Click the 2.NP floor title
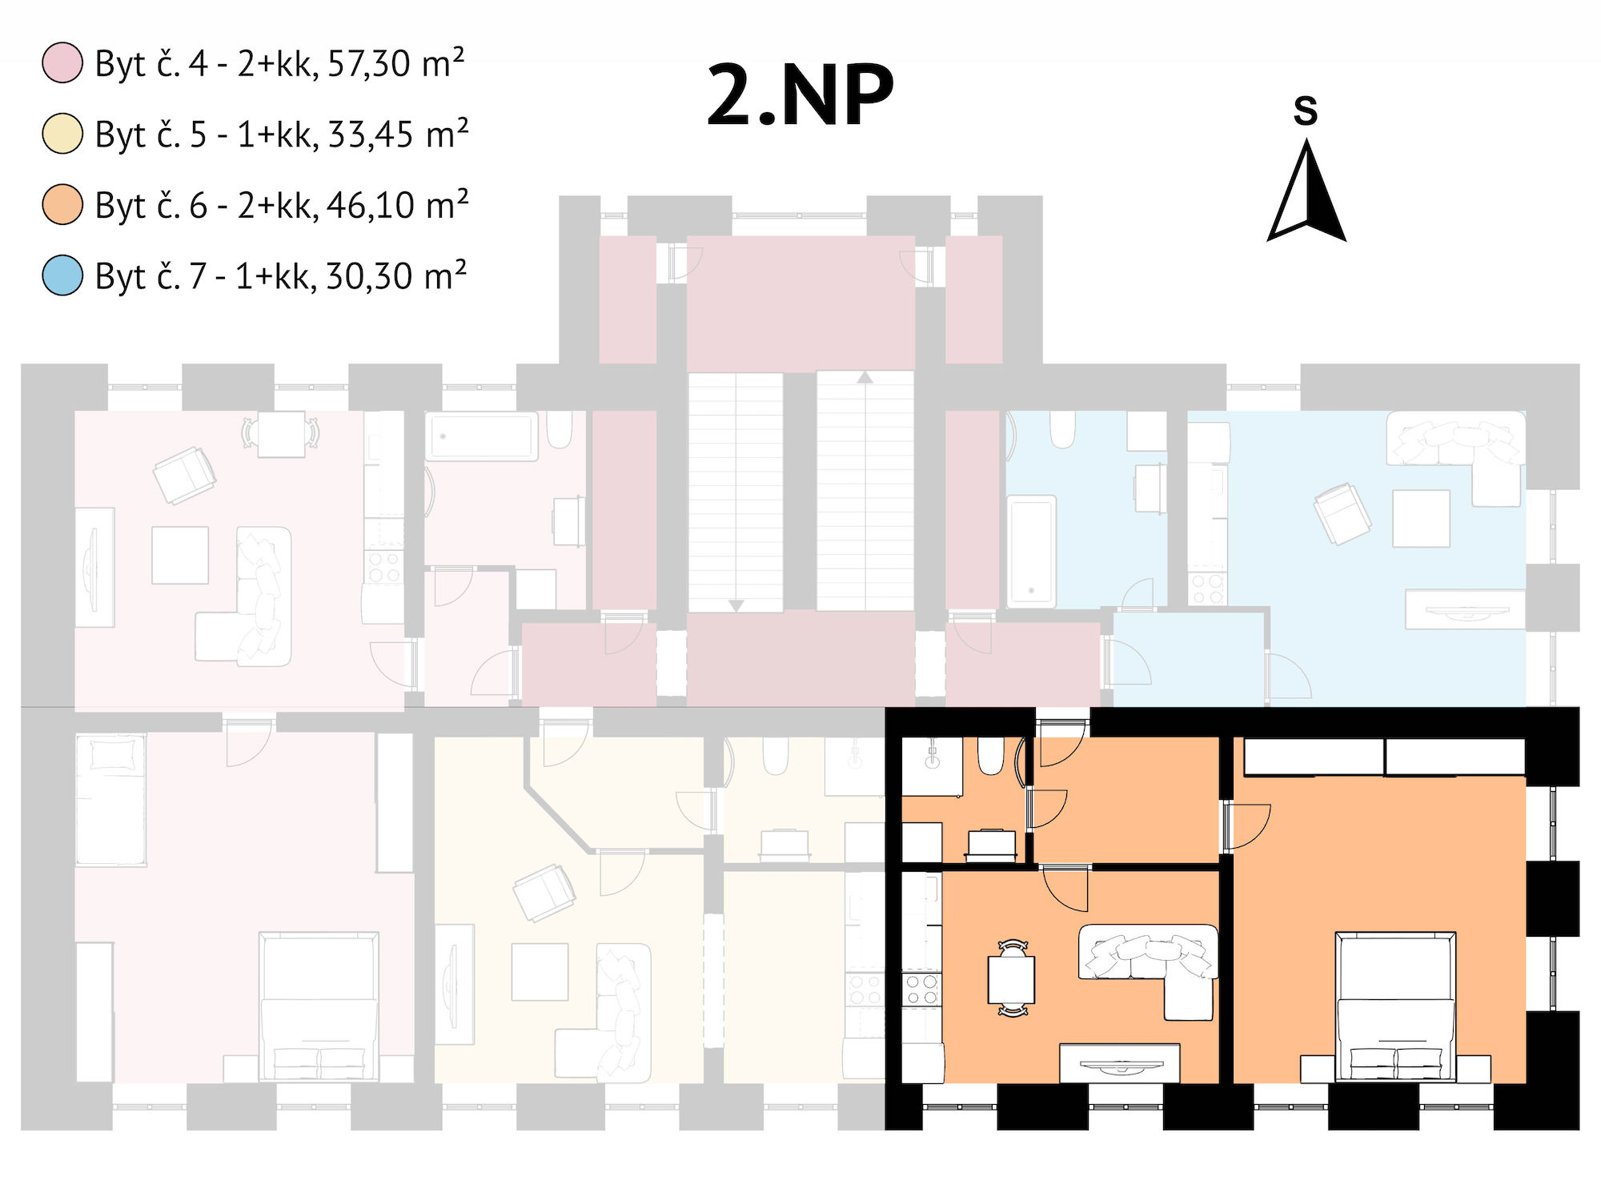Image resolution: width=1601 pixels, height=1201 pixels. tap(800, 95)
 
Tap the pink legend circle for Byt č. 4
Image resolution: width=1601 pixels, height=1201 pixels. tap(62, 63)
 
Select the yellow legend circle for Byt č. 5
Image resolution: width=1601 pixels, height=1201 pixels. tap(62, 134)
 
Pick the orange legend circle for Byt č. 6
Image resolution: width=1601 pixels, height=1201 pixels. tap(62, 204)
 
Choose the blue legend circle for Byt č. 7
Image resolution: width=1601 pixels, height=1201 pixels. tap(62, 275)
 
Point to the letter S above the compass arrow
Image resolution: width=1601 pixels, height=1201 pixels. tap(1306, 110)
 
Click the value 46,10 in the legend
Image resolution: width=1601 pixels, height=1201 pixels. tap(370, 206)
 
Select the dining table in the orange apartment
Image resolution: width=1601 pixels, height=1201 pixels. tap(1012, 979)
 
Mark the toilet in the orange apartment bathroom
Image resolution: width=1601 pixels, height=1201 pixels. tap(991, 756)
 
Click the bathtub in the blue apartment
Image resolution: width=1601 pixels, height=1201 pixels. tap(1032, 551)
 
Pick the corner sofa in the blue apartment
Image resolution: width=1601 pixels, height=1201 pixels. tap(1455, 457)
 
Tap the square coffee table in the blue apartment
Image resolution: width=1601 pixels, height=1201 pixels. tap(1421, 518)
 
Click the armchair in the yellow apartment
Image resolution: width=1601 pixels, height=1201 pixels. tap(544, 892)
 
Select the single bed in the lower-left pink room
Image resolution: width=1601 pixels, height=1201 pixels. tap(110, 800)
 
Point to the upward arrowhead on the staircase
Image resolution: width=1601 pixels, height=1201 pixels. tap(865, 376)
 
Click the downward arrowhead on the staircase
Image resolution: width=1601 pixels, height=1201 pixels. tap(736, 606)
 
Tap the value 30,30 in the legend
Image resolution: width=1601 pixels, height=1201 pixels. tap(369, 276)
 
